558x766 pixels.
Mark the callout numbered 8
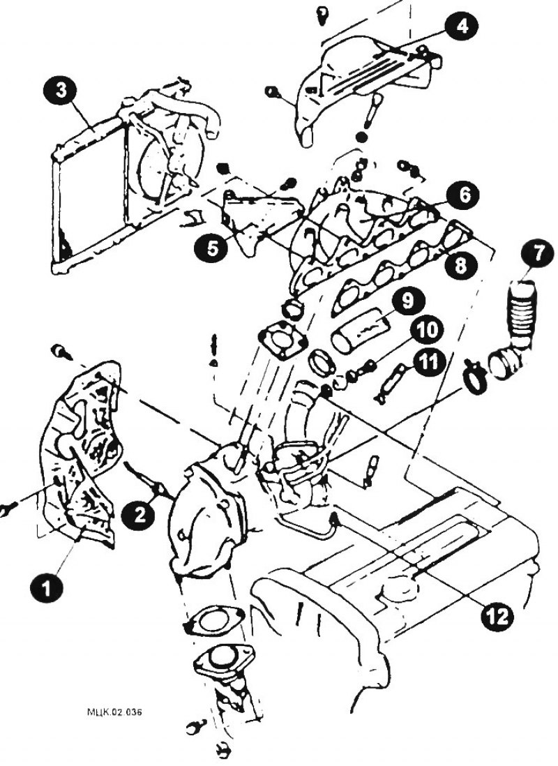tap(460, 265)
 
